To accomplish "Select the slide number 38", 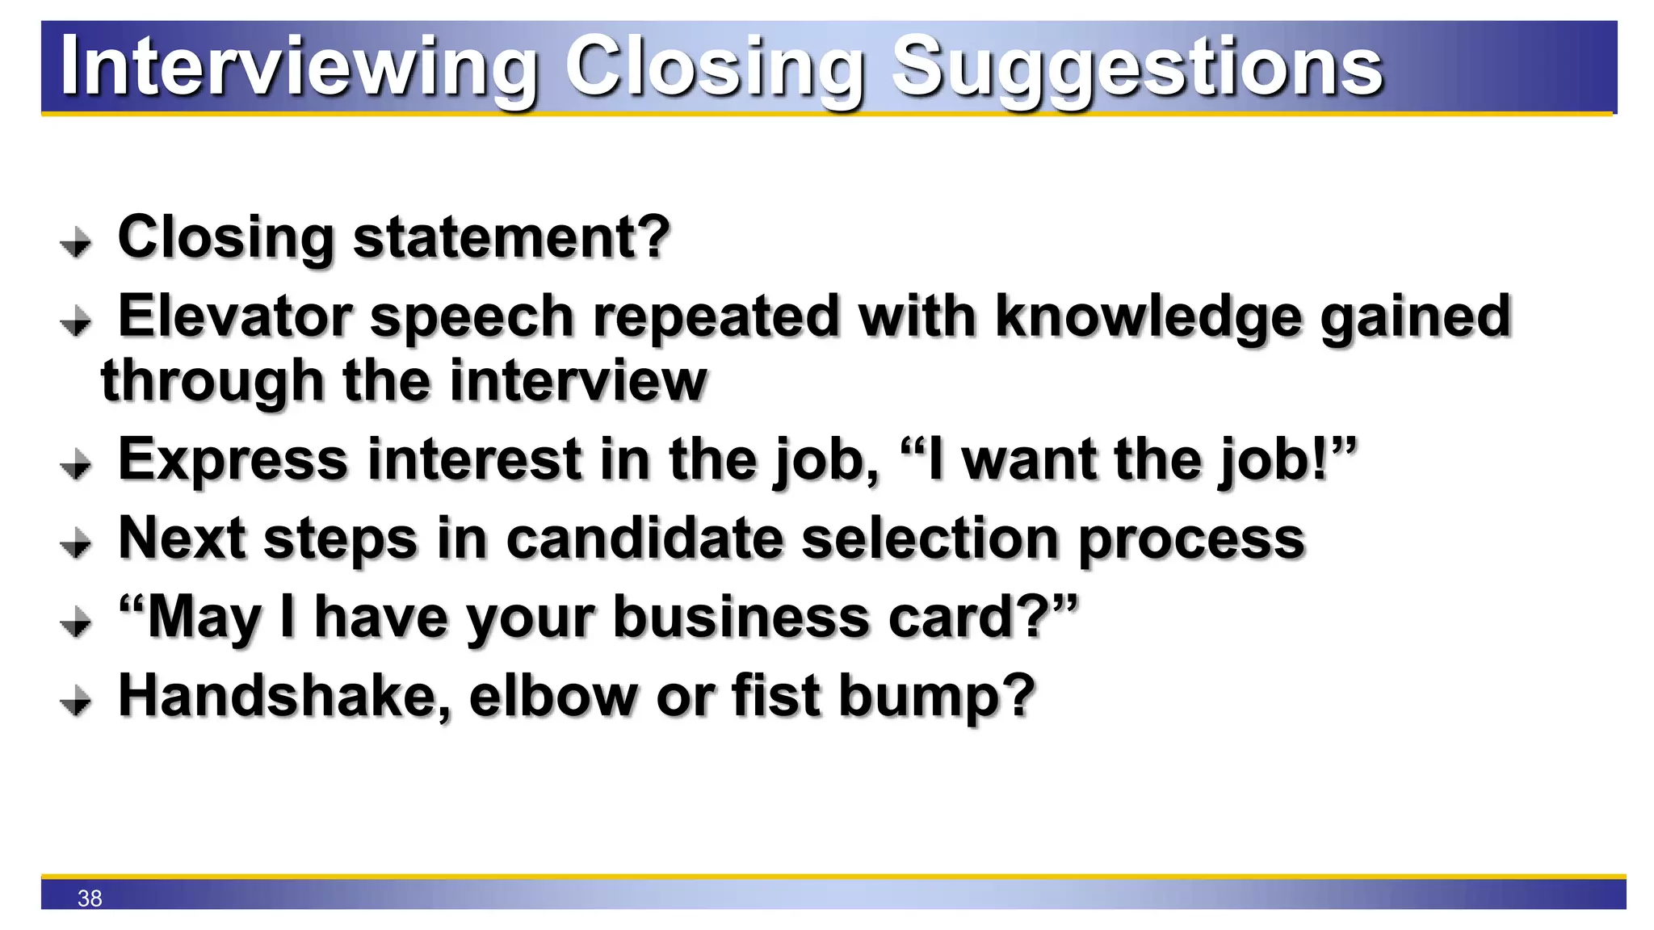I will tap(90, 899).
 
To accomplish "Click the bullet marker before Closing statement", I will tap(76, 242).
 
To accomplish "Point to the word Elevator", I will tap(235, 316).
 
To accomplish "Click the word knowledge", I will tap(1148, 317).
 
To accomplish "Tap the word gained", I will tap(1415, 317).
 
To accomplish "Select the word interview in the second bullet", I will tap(578, 380).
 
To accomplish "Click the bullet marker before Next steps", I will tap(76, 543).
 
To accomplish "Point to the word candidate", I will tap(644, 538).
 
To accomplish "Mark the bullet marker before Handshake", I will tap(76, 701).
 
